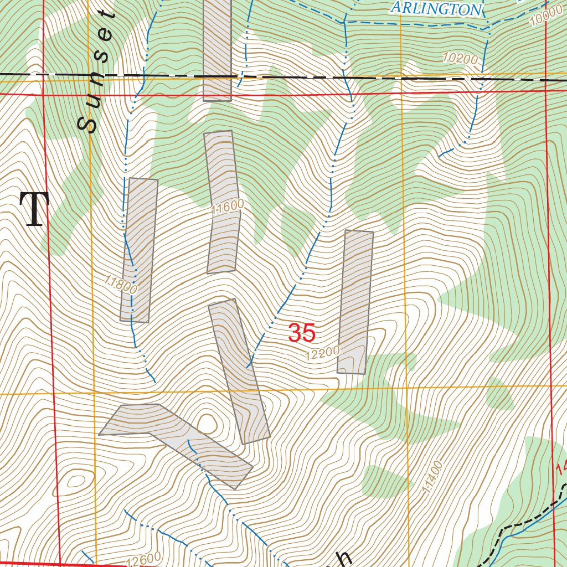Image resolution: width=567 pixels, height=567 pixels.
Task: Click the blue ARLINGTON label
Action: click(436, 8)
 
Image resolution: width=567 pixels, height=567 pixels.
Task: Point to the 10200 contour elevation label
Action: click(460, 57)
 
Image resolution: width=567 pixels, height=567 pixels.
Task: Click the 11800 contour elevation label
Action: click(120, 285)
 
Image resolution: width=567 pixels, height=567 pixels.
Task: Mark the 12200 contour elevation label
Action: click(322, 354)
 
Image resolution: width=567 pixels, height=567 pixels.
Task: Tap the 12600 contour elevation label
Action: click(143, 560)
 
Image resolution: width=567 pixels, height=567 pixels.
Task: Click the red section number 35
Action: click(302, 333)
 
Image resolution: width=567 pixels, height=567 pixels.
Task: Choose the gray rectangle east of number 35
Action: click(355, 302)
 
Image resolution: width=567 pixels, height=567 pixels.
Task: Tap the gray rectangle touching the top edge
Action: click(217, 50)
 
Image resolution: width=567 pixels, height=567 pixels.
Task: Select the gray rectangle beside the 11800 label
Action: click(139, 250)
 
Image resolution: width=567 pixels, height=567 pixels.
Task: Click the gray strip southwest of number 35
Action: click(239, 371)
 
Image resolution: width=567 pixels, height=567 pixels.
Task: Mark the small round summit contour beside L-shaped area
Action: click(207, 424)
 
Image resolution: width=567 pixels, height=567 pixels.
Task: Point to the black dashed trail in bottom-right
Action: click(520, 524)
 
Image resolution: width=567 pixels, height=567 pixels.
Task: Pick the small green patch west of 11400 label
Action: click(385, 482)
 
